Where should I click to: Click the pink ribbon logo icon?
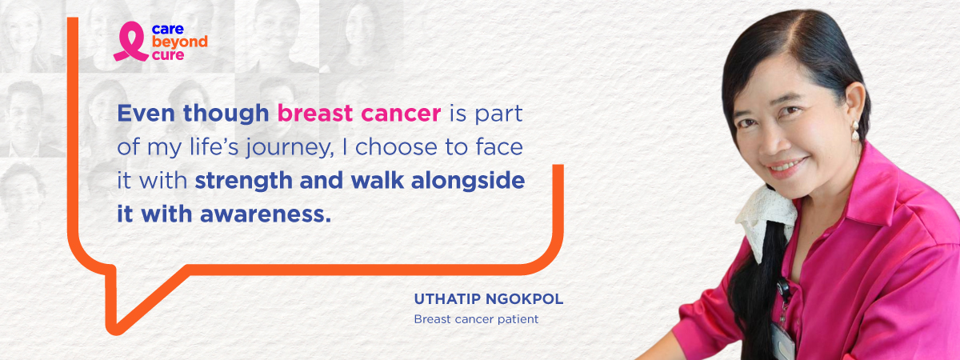130,42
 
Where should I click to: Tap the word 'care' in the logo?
167,29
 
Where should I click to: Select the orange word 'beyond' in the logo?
179,42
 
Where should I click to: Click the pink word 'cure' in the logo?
168,55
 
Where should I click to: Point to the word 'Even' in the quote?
146,113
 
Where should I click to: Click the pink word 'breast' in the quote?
315,113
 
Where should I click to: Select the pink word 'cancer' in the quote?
401,114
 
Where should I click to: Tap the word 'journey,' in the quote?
290,148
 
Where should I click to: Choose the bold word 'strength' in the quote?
243,182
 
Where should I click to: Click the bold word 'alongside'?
468,182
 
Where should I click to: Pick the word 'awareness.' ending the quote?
266,214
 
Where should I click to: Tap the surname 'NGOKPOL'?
525,299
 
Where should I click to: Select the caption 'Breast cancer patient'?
476,319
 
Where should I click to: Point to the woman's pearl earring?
855,130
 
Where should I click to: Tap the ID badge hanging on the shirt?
782,341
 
